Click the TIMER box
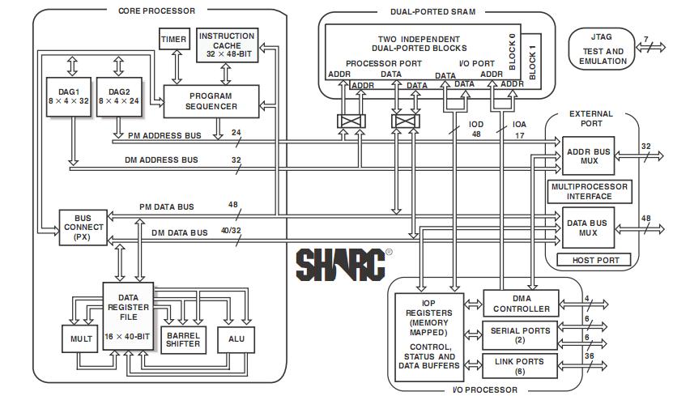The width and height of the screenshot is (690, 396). [173, 39]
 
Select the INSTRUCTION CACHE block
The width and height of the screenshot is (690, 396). [227, 46]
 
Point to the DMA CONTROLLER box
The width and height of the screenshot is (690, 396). [521, 304]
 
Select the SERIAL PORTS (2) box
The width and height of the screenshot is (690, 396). [521, 335]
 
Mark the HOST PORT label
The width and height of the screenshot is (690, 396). [596, 260]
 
